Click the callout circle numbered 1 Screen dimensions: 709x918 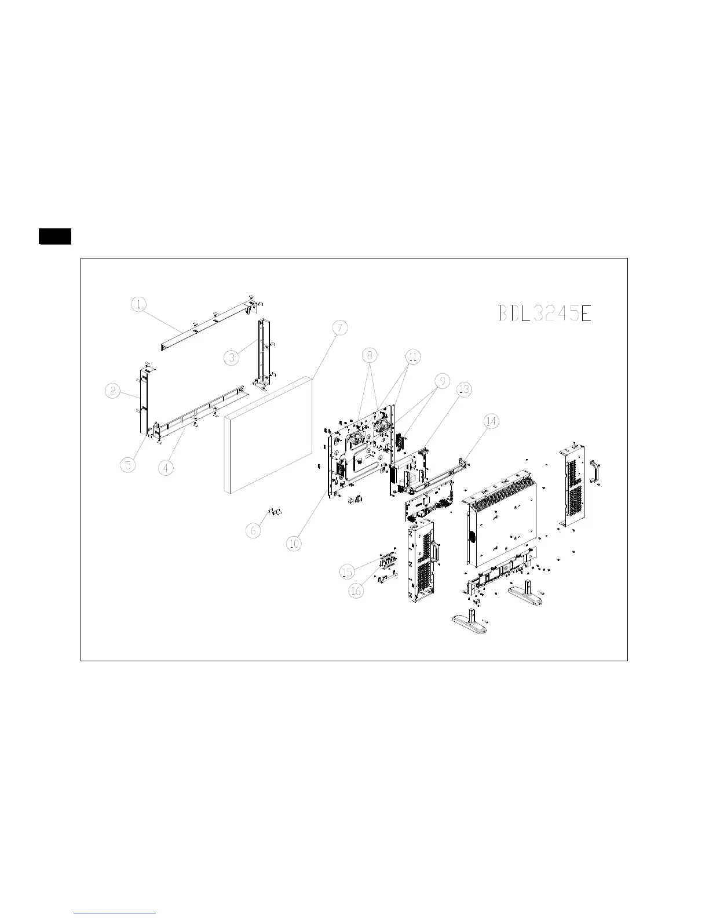pos(138,304)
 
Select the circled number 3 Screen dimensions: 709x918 pos(232,358)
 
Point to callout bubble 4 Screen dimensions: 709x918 pos(166,467)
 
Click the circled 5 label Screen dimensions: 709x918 pos(129,464)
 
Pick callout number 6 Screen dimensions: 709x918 pos(253,530)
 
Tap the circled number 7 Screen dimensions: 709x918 pos(340,327)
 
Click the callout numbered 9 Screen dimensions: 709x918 pos(442,381)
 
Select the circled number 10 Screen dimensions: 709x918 pos(294,543)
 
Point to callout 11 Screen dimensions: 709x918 pos(412,357)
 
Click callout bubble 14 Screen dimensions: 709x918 pos(491,421)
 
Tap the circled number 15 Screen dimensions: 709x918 pos(346,572)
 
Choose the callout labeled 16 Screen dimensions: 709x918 pos(357,591)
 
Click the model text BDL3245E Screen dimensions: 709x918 pos(544,314)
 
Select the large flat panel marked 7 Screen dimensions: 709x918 pos(268,435)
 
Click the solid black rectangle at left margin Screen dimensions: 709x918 pos(55,236)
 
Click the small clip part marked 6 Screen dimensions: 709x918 pos(275,512)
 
